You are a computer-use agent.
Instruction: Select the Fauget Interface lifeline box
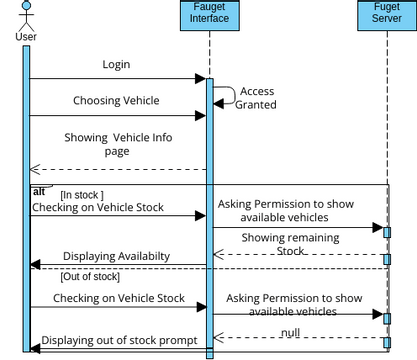209,17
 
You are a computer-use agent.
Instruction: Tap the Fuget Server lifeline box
386,17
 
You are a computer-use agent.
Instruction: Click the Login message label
116,65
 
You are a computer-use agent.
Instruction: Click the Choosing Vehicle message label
115,101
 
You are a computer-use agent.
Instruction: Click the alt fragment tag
39,190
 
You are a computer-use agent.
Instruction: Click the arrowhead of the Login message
200,78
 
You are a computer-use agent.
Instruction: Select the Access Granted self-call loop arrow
229,95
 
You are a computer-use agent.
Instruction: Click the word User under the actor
27,36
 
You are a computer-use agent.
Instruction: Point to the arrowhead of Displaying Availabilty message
35,266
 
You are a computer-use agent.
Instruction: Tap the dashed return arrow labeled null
300,337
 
